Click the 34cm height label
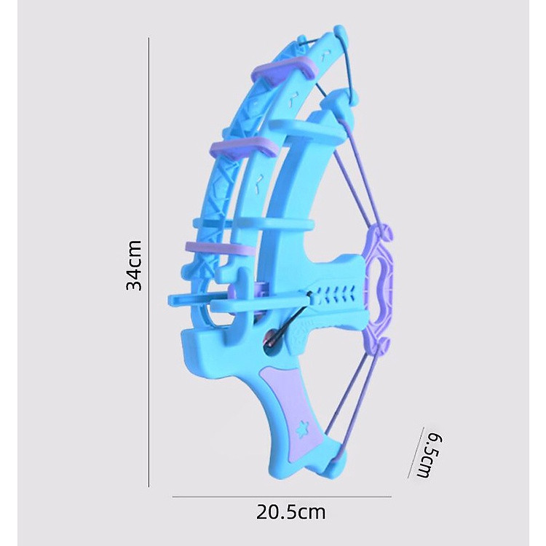134,265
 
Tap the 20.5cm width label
291,513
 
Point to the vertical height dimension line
149,262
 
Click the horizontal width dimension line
282,497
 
